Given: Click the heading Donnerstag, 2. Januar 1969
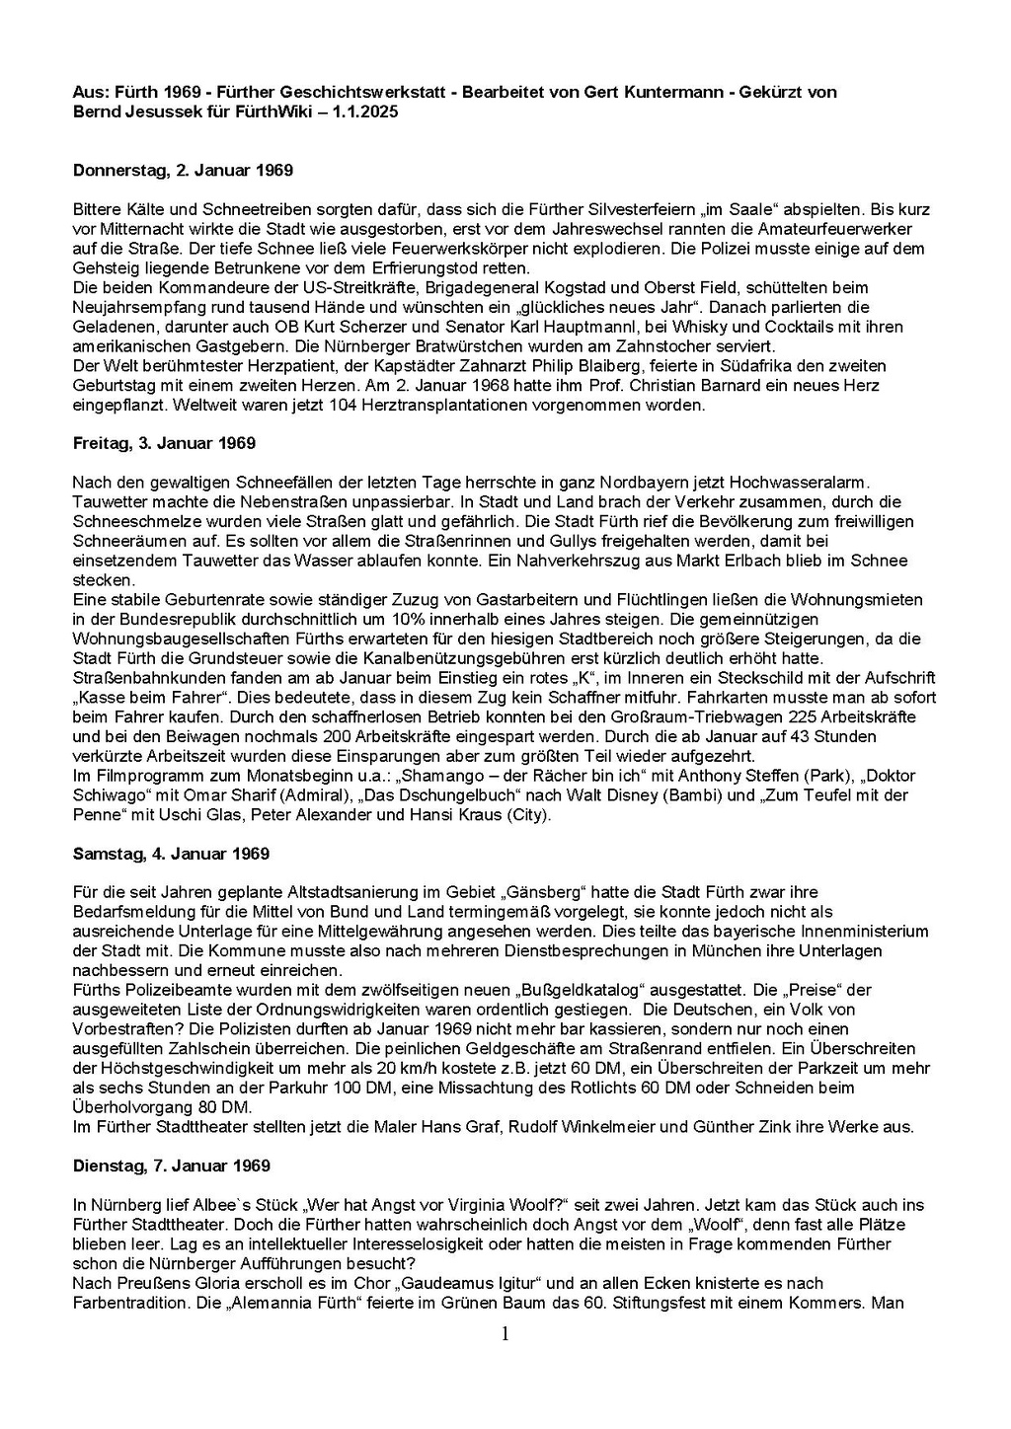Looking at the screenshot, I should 183,171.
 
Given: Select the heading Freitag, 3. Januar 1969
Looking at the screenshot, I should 164,443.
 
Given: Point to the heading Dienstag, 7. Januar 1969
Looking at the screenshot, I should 172,1166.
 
